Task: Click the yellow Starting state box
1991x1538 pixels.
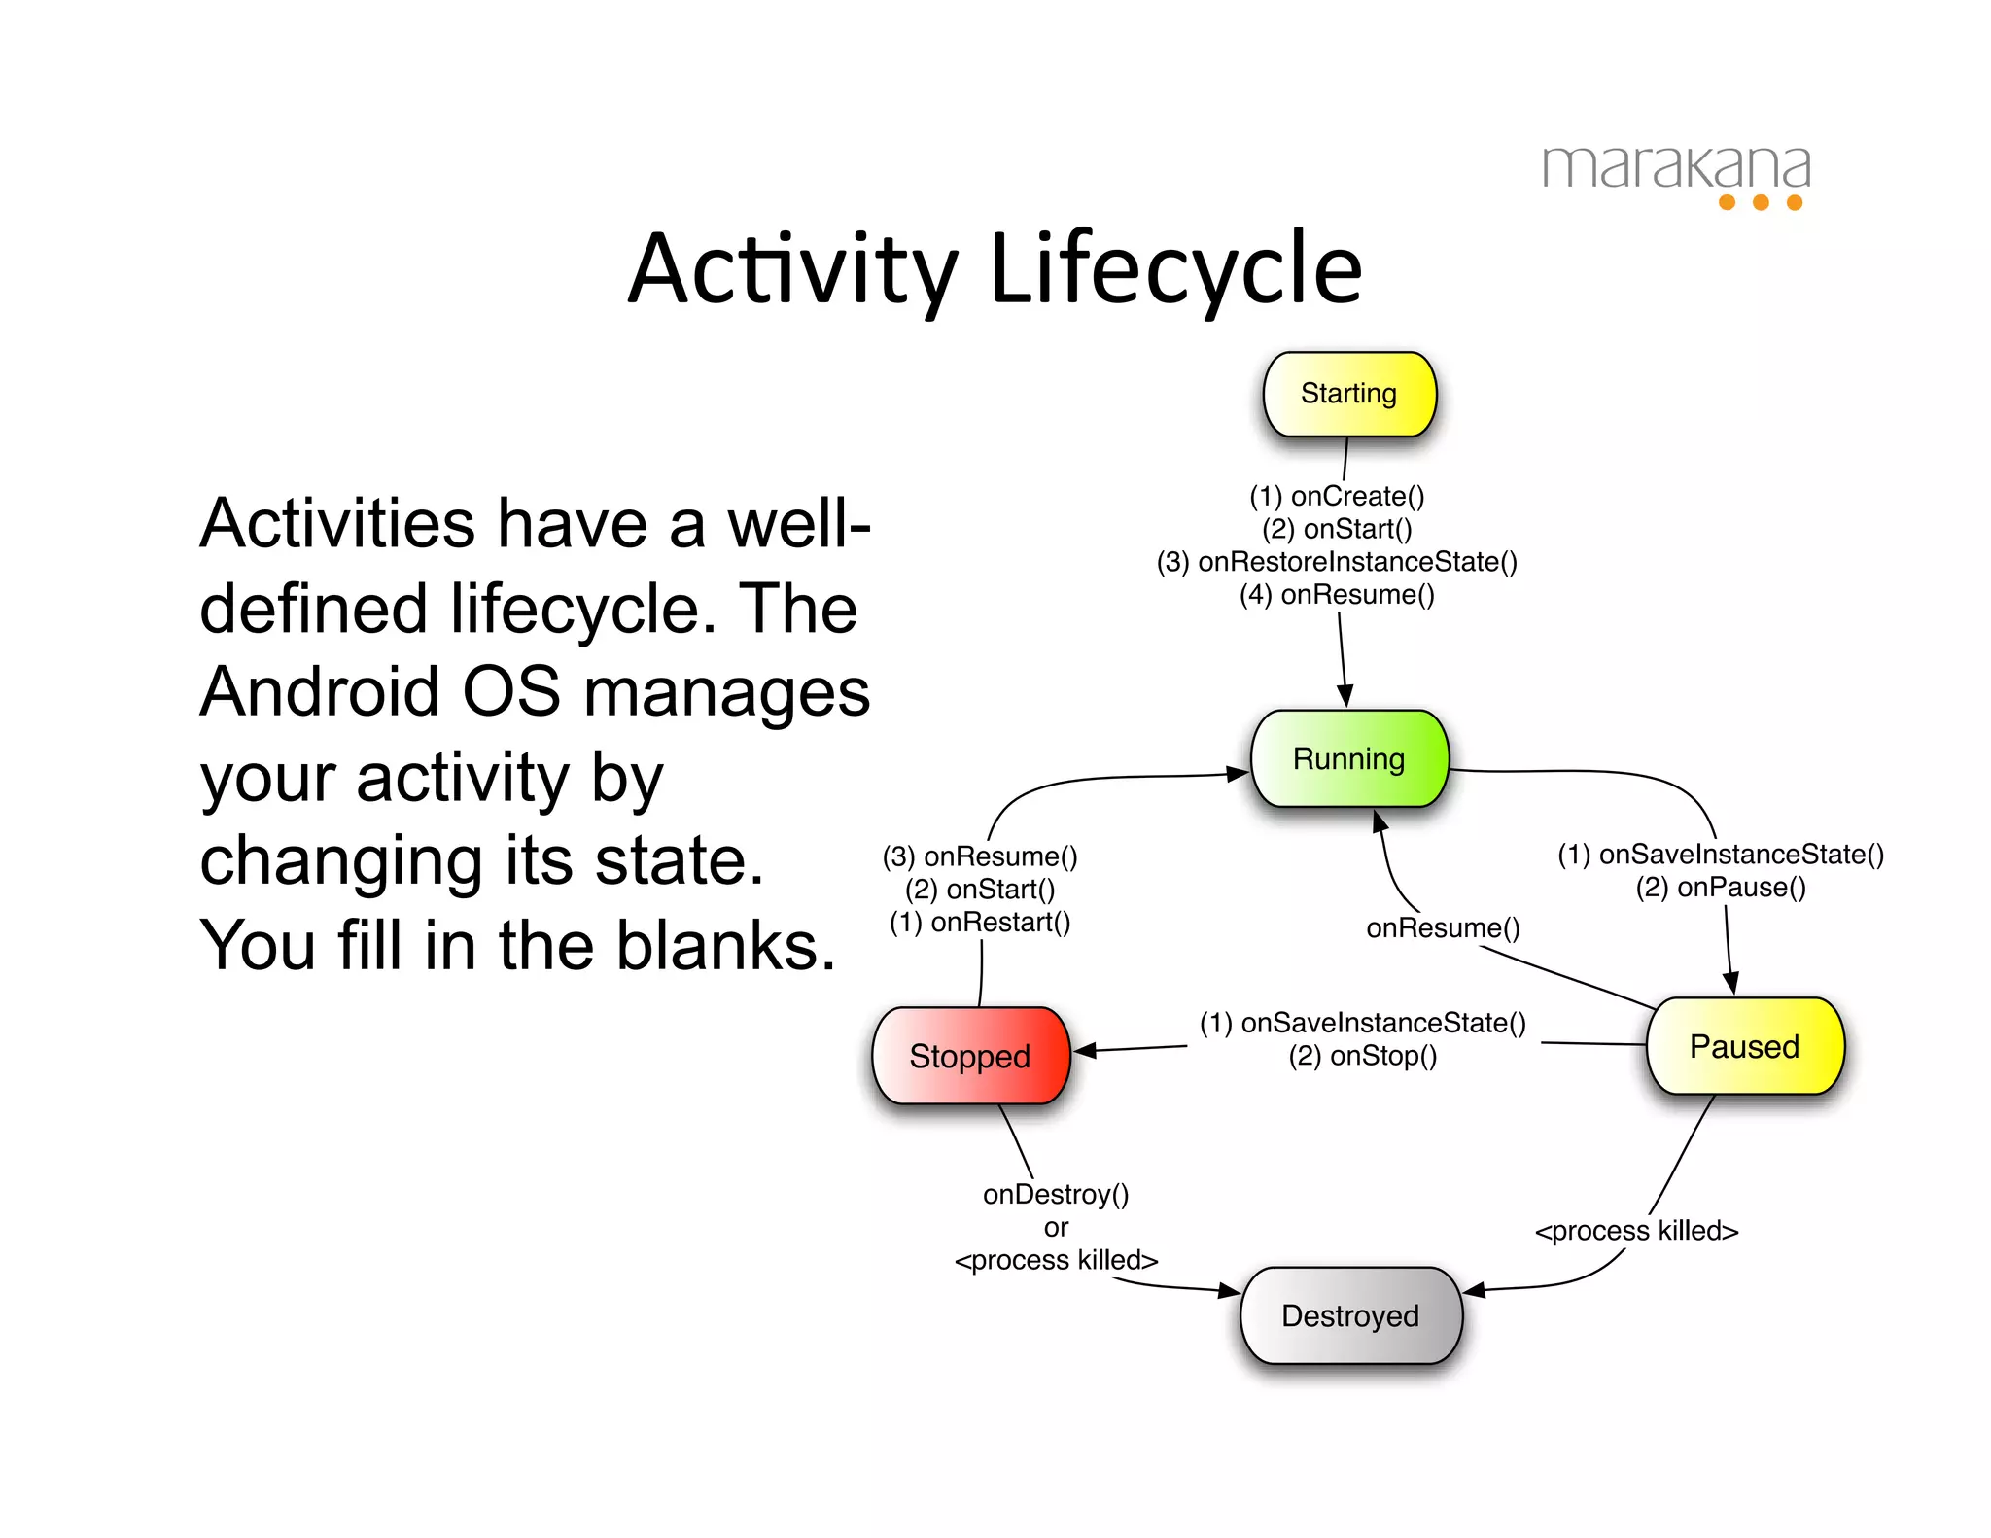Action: pos(1349,394)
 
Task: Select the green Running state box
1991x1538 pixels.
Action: pos(1349,758)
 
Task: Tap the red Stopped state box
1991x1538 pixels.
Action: pos(970,1056)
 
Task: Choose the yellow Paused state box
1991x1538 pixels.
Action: pos(1745,1046)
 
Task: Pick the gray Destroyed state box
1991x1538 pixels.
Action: pos(1350,1315)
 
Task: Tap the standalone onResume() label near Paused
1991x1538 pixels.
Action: pos(1443,928)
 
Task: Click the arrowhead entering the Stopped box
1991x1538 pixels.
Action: pos(1084,1050)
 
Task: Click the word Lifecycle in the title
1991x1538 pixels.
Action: pos(1175,269)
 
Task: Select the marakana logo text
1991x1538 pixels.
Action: pos(1676,167)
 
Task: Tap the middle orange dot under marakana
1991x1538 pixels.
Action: pos(1761,202)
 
